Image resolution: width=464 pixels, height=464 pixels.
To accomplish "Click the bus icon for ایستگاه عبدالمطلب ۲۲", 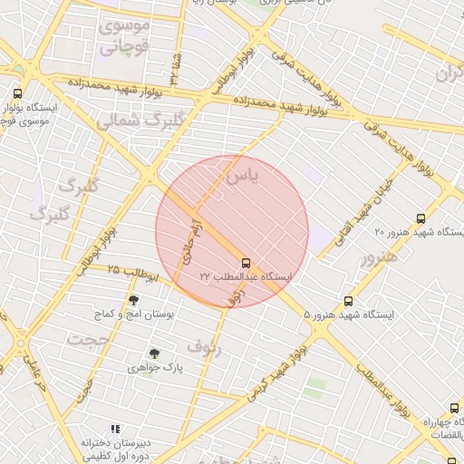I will pos(246,263).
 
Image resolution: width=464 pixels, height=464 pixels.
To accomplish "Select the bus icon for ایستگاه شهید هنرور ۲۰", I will pos(420,218).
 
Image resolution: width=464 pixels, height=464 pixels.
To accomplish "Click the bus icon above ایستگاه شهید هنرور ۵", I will pos(348,302).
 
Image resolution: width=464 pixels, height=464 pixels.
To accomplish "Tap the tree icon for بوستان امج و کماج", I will pos(134,300).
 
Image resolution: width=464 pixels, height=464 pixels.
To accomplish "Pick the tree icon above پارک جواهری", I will pos(154,354).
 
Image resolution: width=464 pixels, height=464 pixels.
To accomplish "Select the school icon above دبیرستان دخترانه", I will pos(115,429).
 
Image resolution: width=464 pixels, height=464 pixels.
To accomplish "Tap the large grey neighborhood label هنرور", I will pos(379,257).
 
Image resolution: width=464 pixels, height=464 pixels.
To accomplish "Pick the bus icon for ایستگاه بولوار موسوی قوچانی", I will pos(17,93).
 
